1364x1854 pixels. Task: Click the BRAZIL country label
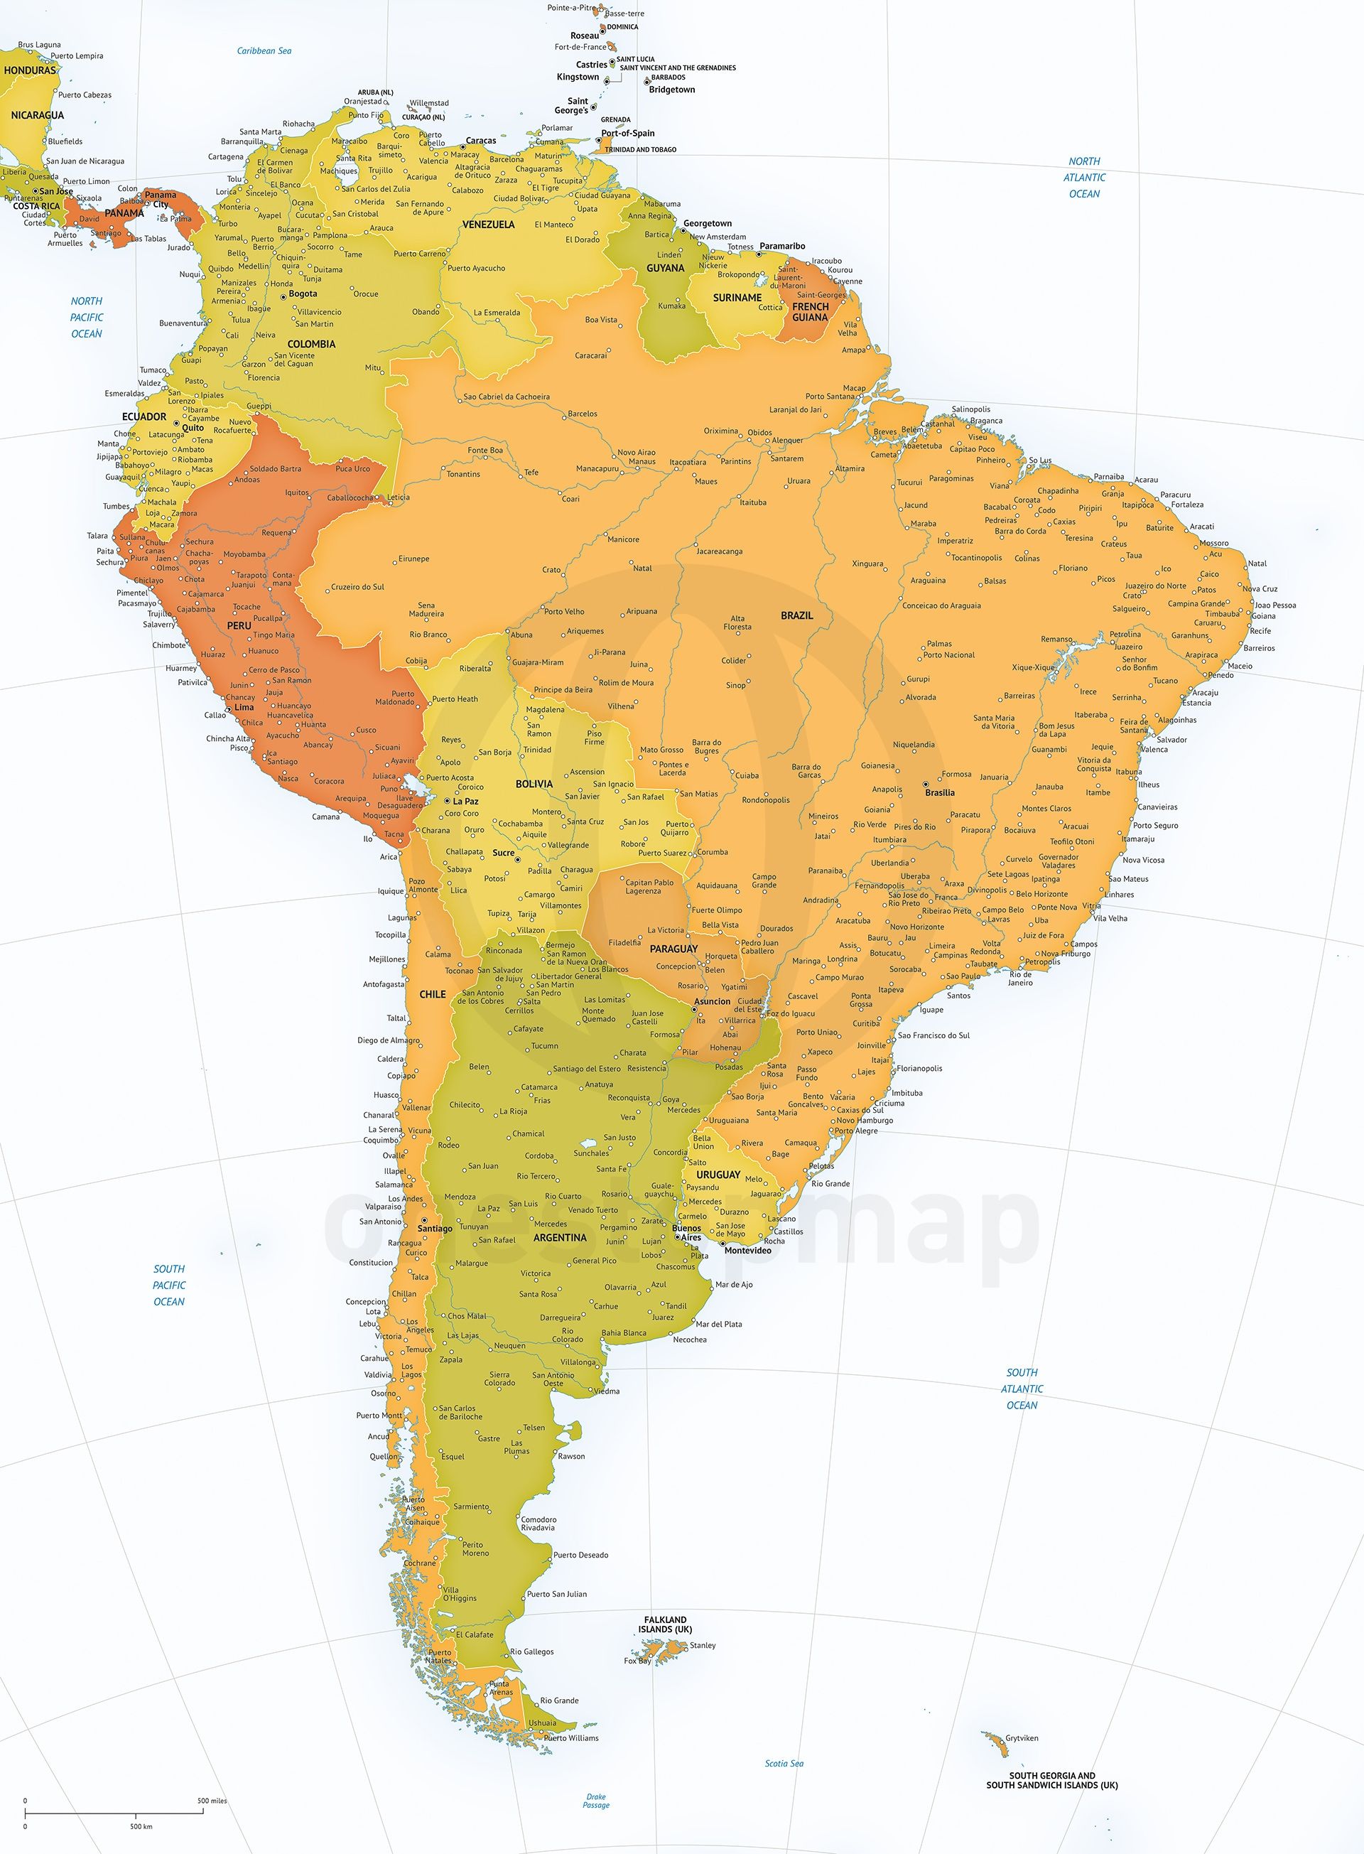797,615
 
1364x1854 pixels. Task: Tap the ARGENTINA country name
560,1237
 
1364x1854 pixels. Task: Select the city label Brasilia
940,792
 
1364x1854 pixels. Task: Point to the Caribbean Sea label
264,50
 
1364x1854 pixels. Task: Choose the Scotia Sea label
784,1763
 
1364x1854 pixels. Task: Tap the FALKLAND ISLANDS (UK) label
666,1624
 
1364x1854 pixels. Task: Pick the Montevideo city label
748,1250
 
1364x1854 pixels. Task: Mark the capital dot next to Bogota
283,295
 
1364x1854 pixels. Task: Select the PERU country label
239,626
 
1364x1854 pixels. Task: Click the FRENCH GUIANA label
810,311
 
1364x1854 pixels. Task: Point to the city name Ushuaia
543,1716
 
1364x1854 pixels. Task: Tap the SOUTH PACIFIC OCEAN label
169,1285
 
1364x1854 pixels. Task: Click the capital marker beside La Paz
447,801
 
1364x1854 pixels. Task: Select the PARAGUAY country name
673,949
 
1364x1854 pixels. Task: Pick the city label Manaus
642,460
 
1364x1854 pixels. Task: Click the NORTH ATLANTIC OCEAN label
1084,178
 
